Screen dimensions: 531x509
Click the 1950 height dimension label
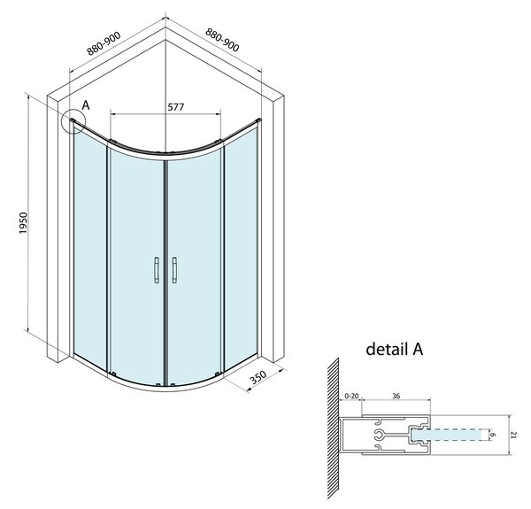click(23, 223)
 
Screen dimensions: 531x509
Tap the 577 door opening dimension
click(176, 107)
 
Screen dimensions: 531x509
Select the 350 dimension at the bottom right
click(258, 377)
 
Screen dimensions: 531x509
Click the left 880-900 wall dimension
click(104, 43)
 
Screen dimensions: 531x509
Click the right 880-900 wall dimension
click(222, 40)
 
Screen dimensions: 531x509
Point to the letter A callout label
click(86, 105)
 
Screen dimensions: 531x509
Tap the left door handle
click(156, 270)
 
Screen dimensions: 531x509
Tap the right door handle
click(174, 270)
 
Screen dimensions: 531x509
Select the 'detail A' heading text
click(395, 349)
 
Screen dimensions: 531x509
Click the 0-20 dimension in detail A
click(351, 396)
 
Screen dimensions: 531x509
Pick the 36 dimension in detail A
click(396, 396)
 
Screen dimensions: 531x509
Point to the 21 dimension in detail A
click(513, 435)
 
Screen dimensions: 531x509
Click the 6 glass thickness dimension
click(493, 435)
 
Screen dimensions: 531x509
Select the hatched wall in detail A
click(334, 428)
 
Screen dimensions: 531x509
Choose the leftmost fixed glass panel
click(90, 247)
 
